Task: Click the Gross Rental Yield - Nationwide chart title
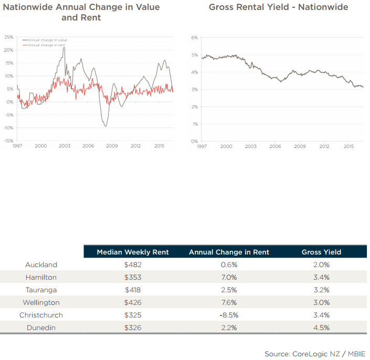[278, 7]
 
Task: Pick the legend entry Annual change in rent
[46, 45]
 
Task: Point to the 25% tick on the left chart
[8, 37]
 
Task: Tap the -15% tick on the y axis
[8, 141]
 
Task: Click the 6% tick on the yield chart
[194, 38]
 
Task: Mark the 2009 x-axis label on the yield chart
[300, 146]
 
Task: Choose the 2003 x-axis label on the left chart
[65, 146]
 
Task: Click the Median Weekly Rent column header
[133, 252]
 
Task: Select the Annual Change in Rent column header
[229, 252]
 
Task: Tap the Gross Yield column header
[321, 252]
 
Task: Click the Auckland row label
[41, 265]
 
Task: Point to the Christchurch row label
[41, 315]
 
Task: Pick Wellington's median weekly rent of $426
[132, 303]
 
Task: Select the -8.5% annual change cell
[229, 315]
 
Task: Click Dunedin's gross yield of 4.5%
[321, 328]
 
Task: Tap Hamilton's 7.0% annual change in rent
[229, 278]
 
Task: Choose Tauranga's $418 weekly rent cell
[132, 290]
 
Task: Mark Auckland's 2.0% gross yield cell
[321, 265]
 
